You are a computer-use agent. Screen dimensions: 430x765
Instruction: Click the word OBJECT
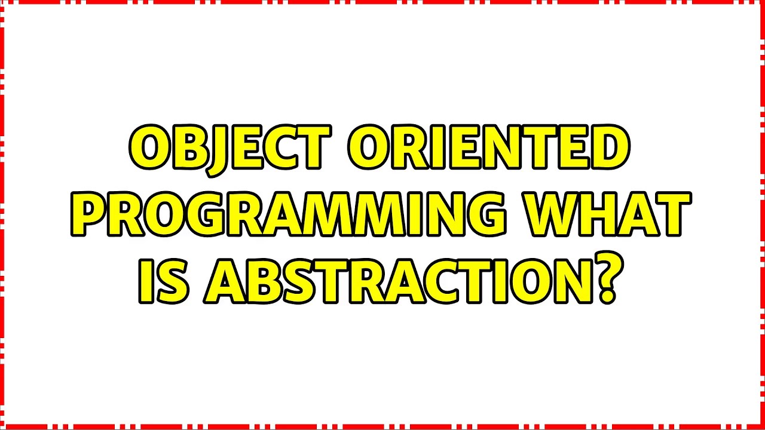click(x=229, y=148)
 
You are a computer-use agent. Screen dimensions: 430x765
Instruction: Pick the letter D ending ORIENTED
click(x=612, y=148)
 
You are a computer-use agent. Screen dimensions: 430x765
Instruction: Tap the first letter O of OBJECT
click(x=147, y=148)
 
